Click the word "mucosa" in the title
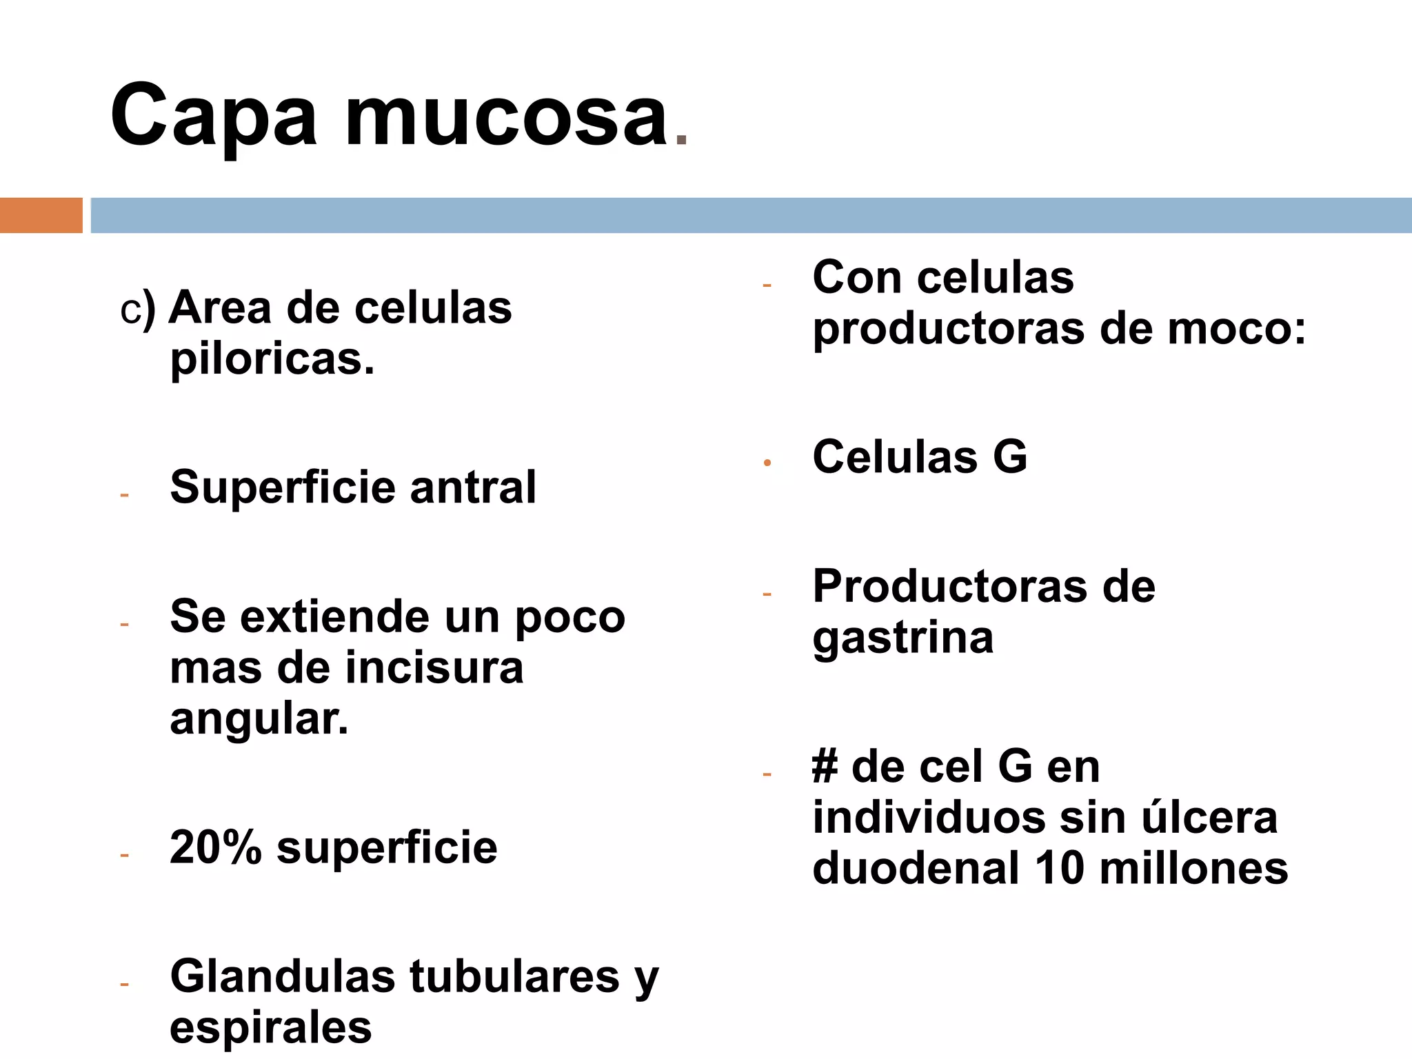[507, 117]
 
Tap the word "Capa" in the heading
[214, 117]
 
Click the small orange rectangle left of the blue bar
[41, 215]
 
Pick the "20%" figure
[215, 847]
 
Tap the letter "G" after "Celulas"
[1010, 456]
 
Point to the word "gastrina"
[903, 638]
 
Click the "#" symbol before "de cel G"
[825, 767]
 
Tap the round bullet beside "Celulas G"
[767, 463]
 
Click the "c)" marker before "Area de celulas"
[137, 310]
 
